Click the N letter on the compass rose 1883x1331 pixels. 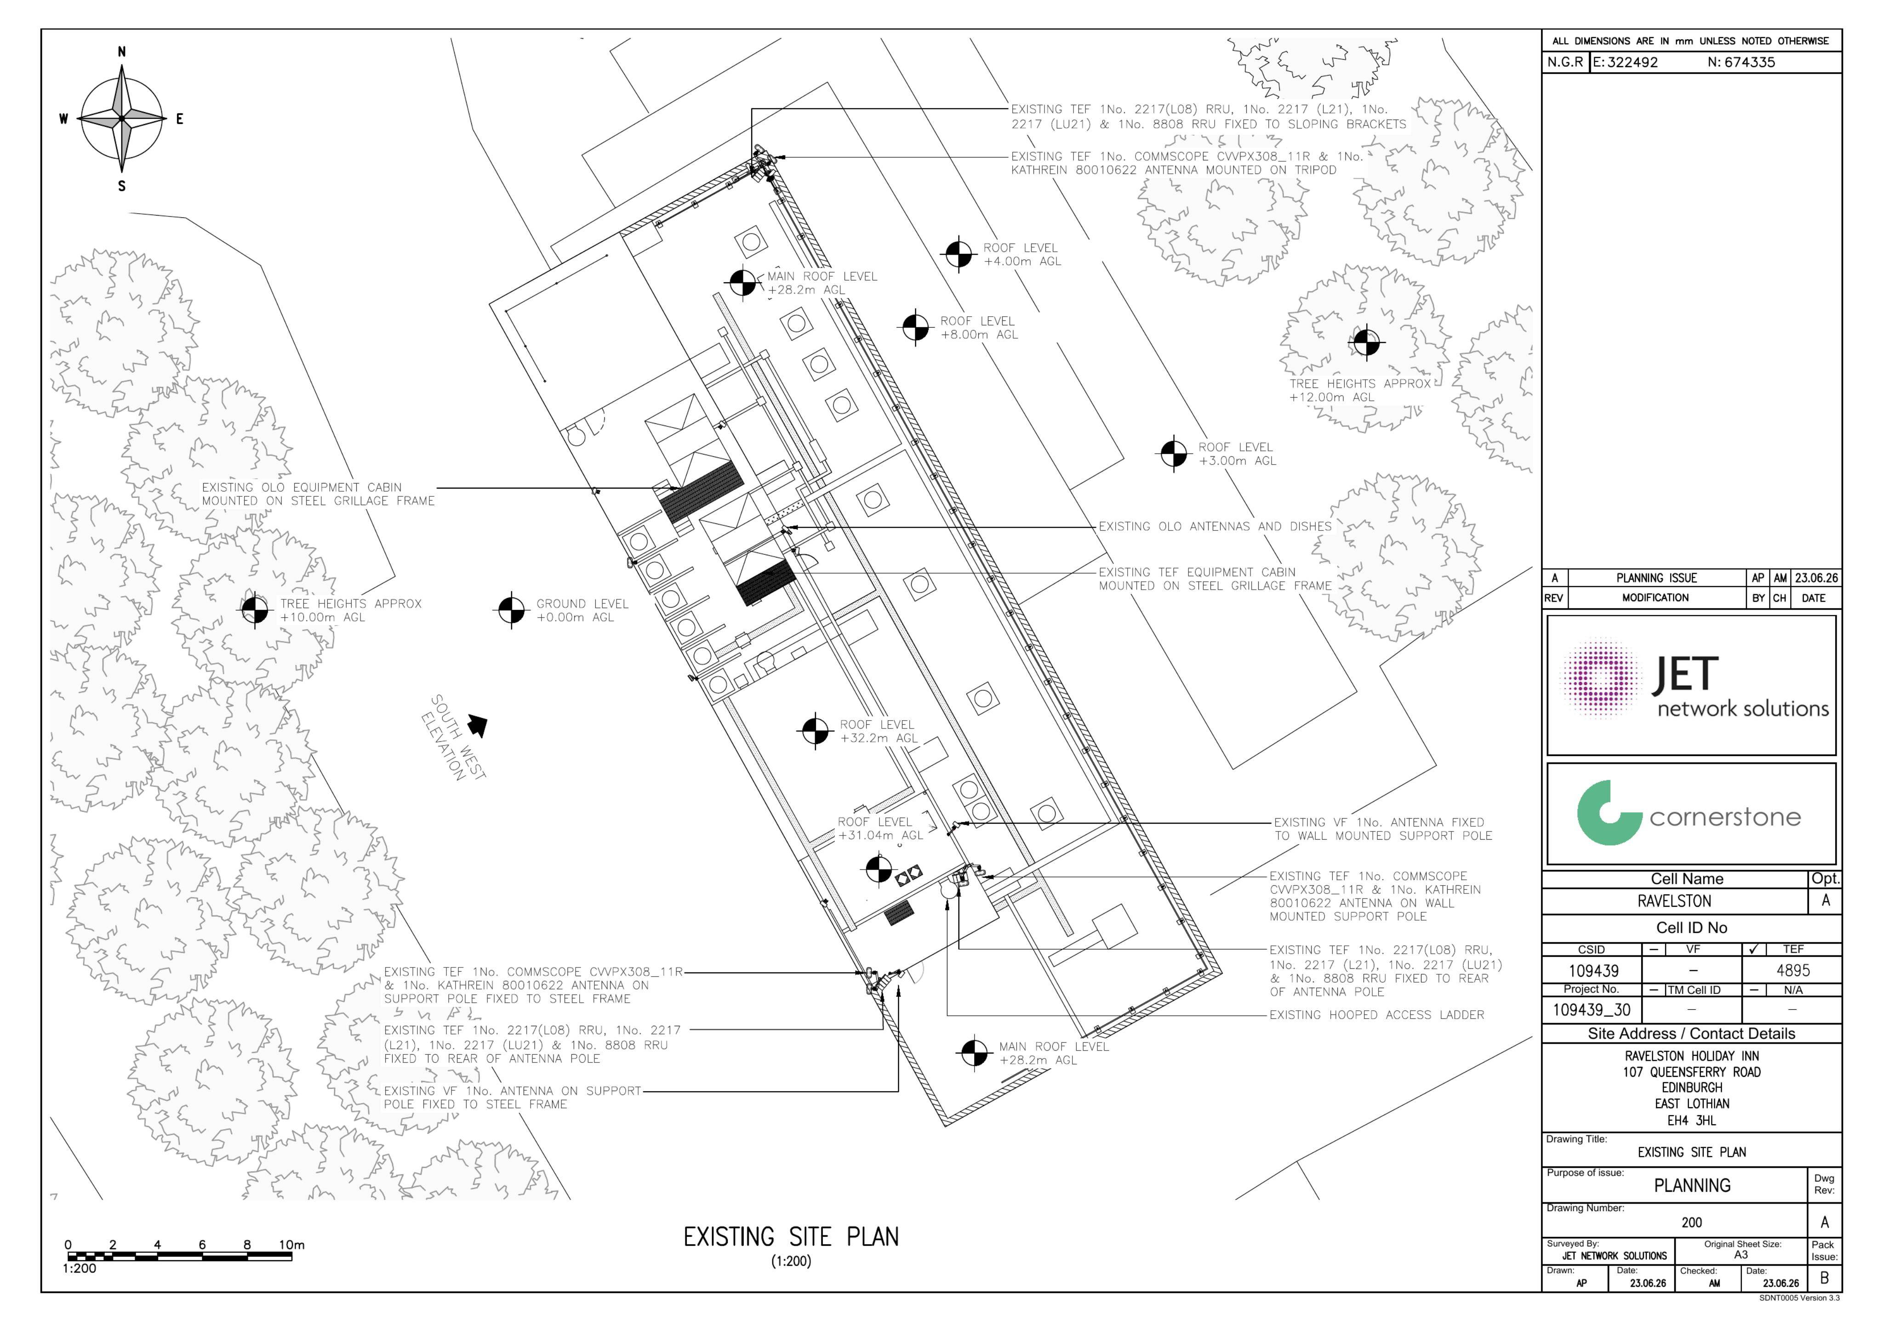click(x=121, y=51)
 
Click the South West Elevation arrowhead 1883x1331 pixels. click(x=477, y=725)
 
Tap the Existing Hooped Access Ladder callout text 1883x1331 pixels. click(x=1376, y=1014)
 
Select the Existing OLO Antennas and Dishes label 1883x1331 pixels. click(x=1215, y=527)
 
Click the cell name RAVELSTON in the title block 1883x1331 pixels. click(x=1674, y=900)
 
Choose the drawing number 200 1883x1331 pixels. click(x=1691, y=1222)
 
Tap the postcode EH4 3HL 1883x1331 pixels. click(x=1691, y=1120)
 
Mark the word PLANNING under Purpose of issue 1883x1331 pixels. click(x=1692, y=1185)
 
